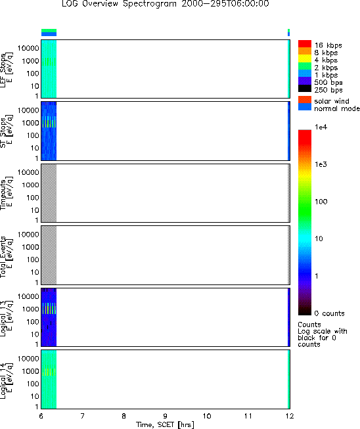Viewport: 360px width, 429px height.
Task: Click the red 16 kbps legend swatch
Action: tap(305, 44)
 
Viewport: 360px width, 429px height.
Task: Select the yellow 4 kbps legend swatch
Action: tap(305, 58)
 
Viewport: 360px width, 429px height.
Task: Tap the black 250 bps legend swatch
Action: tap(305, 89)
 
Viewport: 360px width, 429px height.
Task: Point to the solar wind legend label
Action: tap(332, 101)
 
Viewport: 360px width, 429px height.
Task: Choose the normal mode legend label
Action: tap(336, 108)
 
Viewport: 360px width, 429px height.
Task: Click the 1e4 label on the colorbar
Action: tap(321, 127)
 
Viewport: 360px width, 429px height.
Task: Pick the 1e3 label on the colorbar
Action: tap(321, 164)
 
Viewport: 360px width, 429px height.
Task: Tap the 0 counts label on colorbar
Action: tap(329, 313)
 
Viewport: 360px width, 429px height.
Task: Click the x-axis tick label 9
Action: tap(166, 416)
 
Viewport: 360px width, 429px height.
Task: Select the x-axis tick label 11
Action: tap(248, 416)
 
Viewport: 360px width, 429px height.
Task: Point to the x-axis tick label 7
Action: tap(82, 416)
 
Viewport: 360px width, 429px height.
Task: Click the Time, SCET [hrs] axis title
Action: tap(166, 424)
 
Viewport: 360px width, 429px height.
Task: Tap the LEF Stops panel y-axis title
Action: tap(6, 70)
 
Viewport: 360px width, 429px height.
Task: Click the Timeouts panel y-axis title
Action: tap(6, 193)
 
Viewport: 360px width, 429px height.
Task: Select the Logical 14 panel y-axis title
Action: tap(6, 381)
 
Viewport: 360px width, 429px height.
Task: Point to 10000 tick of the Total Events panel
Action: tap(28, 235)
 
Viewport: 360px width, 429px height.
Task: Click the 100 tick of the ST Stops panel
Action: tap(33, 135)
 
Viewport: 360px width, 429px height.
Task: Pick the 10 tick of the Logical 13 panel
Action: tap(35, 334)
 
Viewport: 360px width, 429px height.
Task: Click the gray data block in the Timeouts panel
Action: tap(49, 193)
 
